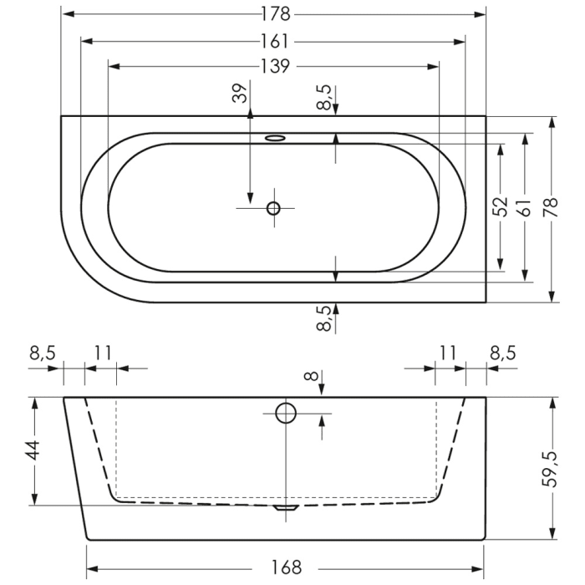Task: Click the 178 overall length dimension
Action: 275,14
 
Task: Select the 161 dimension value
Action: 275,40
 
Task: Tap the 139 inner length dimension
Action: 275,66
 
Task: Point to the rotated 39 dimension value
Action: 242,94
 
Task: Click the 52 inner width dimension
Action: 501,206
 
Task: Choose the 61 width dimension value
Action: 525,206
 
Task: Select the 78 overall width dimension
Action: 551,206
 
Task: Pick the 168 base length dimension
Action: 286,568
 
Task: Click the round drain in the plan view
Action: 273,208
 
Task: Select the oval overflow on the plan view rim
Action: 276,138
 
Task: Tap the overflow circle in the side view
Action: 286,412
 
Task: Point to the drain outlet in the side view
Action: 286,506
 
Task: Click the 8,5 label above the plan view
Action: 324,97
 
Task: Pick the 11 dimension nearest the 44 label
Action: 102,353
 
